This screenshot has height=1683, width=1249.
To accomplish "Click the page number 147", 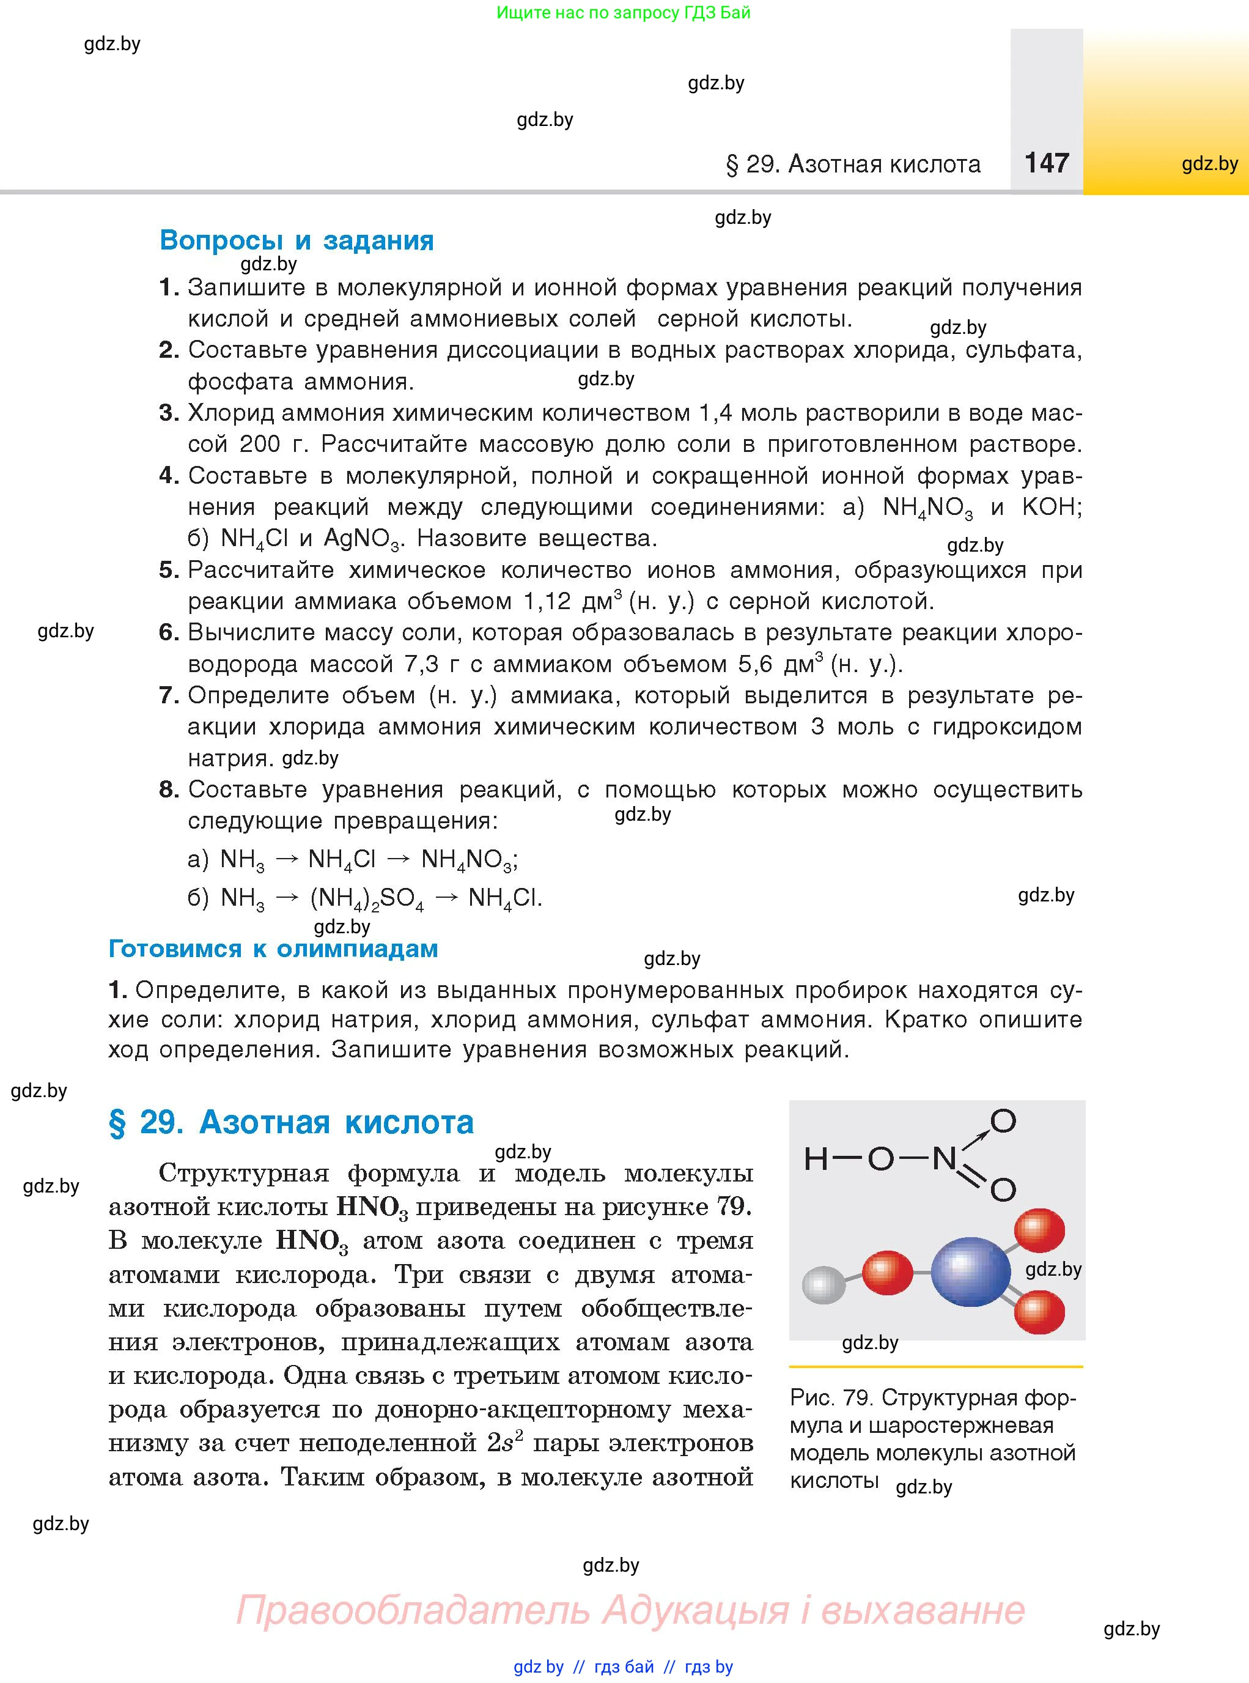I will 1047,163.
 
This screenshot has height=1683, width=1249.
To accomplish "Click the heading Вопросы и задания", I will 297,240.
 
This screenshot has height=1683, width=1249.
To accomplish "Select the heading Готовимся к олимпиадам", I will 273,949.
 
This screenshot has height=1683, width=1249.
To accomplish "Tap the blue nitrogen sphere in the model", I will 970,1271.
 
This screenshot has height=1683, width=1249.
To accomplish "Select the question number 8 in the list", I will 168,790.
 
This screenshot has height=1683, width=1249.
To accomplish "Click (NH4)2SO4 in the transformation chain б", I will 367,898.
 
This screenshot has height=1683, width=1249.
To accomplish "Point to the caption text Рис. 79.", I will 830,1398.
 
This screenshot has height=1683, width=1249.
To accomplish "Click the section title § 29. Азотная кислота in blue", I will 291,1122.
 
